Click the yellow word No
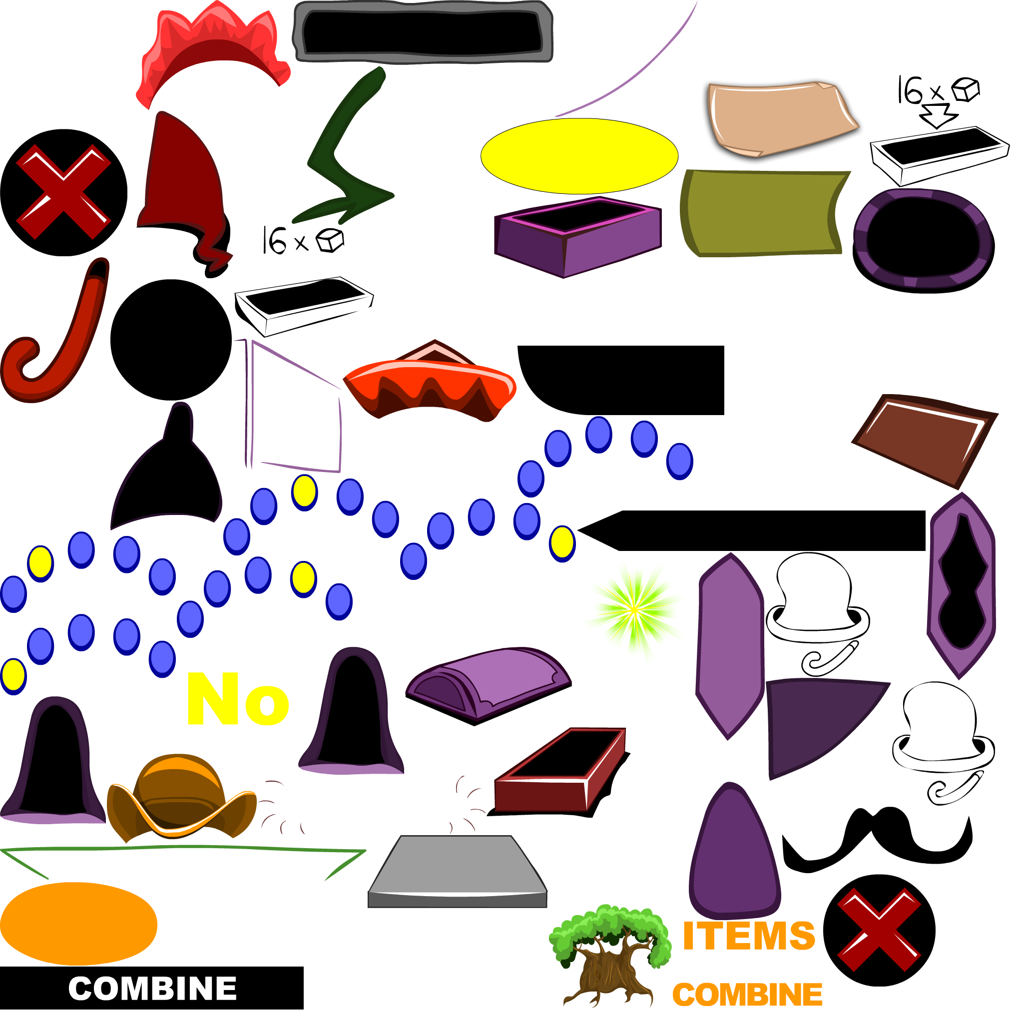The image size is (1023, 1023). (238, 700)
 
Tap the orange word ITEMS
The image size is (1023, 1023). (748, 936)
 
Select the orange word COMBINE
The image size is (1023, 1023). (747, 995)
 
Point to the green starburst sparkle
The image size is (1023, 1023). (634, 610)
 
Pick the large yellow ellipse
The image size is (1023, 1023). (579, 156)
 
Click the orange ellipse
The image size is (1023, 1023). (78, 924)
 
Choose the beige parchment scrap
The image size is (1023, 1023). (778, 117)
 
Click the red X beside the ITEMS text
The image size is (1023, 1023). (879, 930)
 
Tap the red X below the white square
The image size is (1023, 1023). (63, 192)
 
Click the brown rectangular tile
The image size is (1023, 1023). (924, 440)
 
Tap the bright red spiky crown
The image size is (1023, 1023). (212, 47)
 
